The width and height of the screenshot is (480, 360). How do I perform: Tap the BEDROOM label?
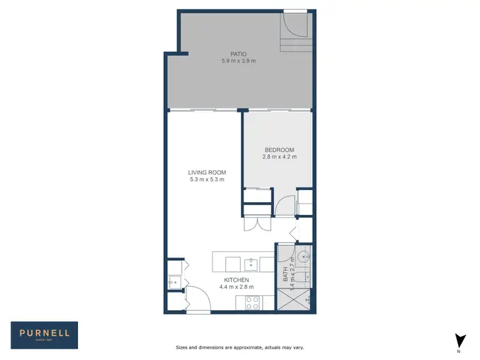tap(279, 150)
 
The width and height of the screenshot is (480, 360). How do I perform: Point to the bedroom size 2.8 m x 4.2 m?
tap(279, 157)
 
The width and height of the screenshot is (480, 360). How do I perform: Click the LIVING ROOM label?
tap(207, 173)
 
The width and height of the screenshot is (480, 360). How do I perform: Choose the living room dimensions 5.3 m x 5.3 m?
tap(207, 180)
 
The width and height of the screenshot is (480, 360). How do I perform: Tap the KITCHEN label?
tap(237, 280)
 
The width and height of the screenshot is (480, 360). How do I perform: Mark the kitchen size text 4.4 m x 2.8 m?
tap(237, 287)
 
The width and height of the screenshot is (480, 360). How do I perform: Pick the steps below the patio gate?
tap(295, 44)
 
